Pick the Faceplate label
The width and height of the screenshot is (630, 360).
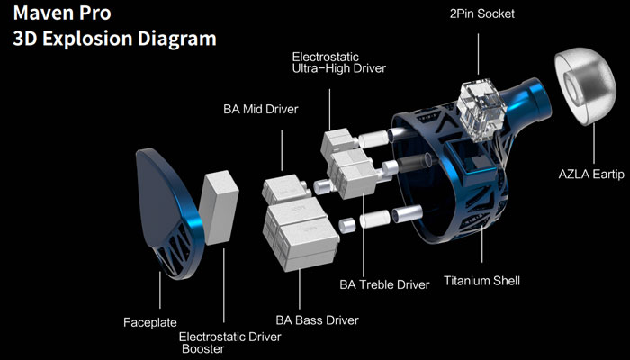click(150, 321)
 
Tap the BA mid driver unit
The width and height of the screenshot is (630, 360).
click(287, 190)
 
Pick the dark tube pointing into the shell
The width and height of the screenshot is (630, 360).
click(413, 166)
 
